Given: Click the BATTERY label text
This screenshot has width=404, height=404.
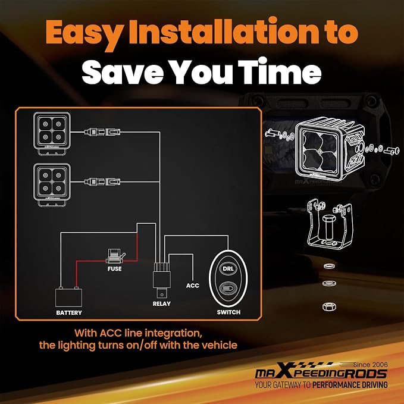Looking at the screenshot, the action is (x=69, y=312).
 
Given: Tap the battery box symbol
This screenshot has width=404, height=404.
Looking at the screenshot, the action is (x=69, y=297).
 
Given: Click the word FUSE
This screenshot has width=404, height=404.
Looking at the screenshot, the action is (x=114, y=269).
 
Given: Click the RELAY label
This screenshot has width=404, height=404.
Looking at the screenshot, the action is (x=162, y=304).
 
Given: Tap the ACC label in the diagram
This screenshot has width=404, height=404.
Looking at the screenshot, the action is (x=193, y=286).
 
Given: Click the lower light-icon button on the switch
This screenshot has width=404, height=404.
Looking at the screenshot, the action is (x=228, y=289).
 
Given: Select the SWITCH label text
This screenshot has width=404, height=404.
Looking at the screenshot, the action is (x=228, y=312).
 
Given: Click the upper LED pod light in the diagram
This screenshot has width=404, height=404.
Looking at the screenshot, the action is (x=52, y=133).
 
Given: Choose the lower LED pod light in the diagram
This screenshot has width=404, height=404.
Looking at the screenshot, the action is (x=52, y=184).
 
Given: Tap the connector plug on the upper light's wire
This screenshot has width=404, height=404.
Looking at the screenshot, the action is (x=102, y=132).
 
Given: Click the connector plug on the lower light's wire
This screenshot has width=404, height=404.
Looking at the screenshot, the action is (x=102, y=182).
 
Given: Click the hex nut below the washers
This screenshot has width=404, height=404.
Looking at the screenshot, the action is (x=329, y=306).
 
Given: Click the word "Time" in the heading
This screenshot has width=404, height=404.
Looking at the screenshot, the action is (x=279, y=70).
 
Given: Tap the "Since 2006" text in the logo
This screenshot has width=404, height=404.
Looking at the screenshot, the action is (x=371, y=365).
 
